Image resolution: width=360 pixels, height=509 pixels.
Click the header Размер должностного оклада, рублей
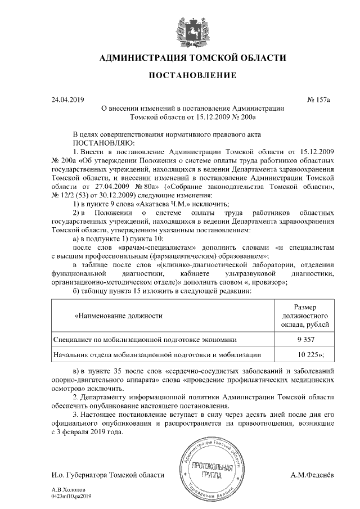tap(305, 317)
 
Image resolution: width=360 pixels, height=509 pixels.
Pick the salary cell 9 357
tap(305, 340)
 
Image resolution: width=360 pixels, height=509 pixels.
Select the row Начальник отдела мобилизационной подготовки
tap(157, 355)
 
